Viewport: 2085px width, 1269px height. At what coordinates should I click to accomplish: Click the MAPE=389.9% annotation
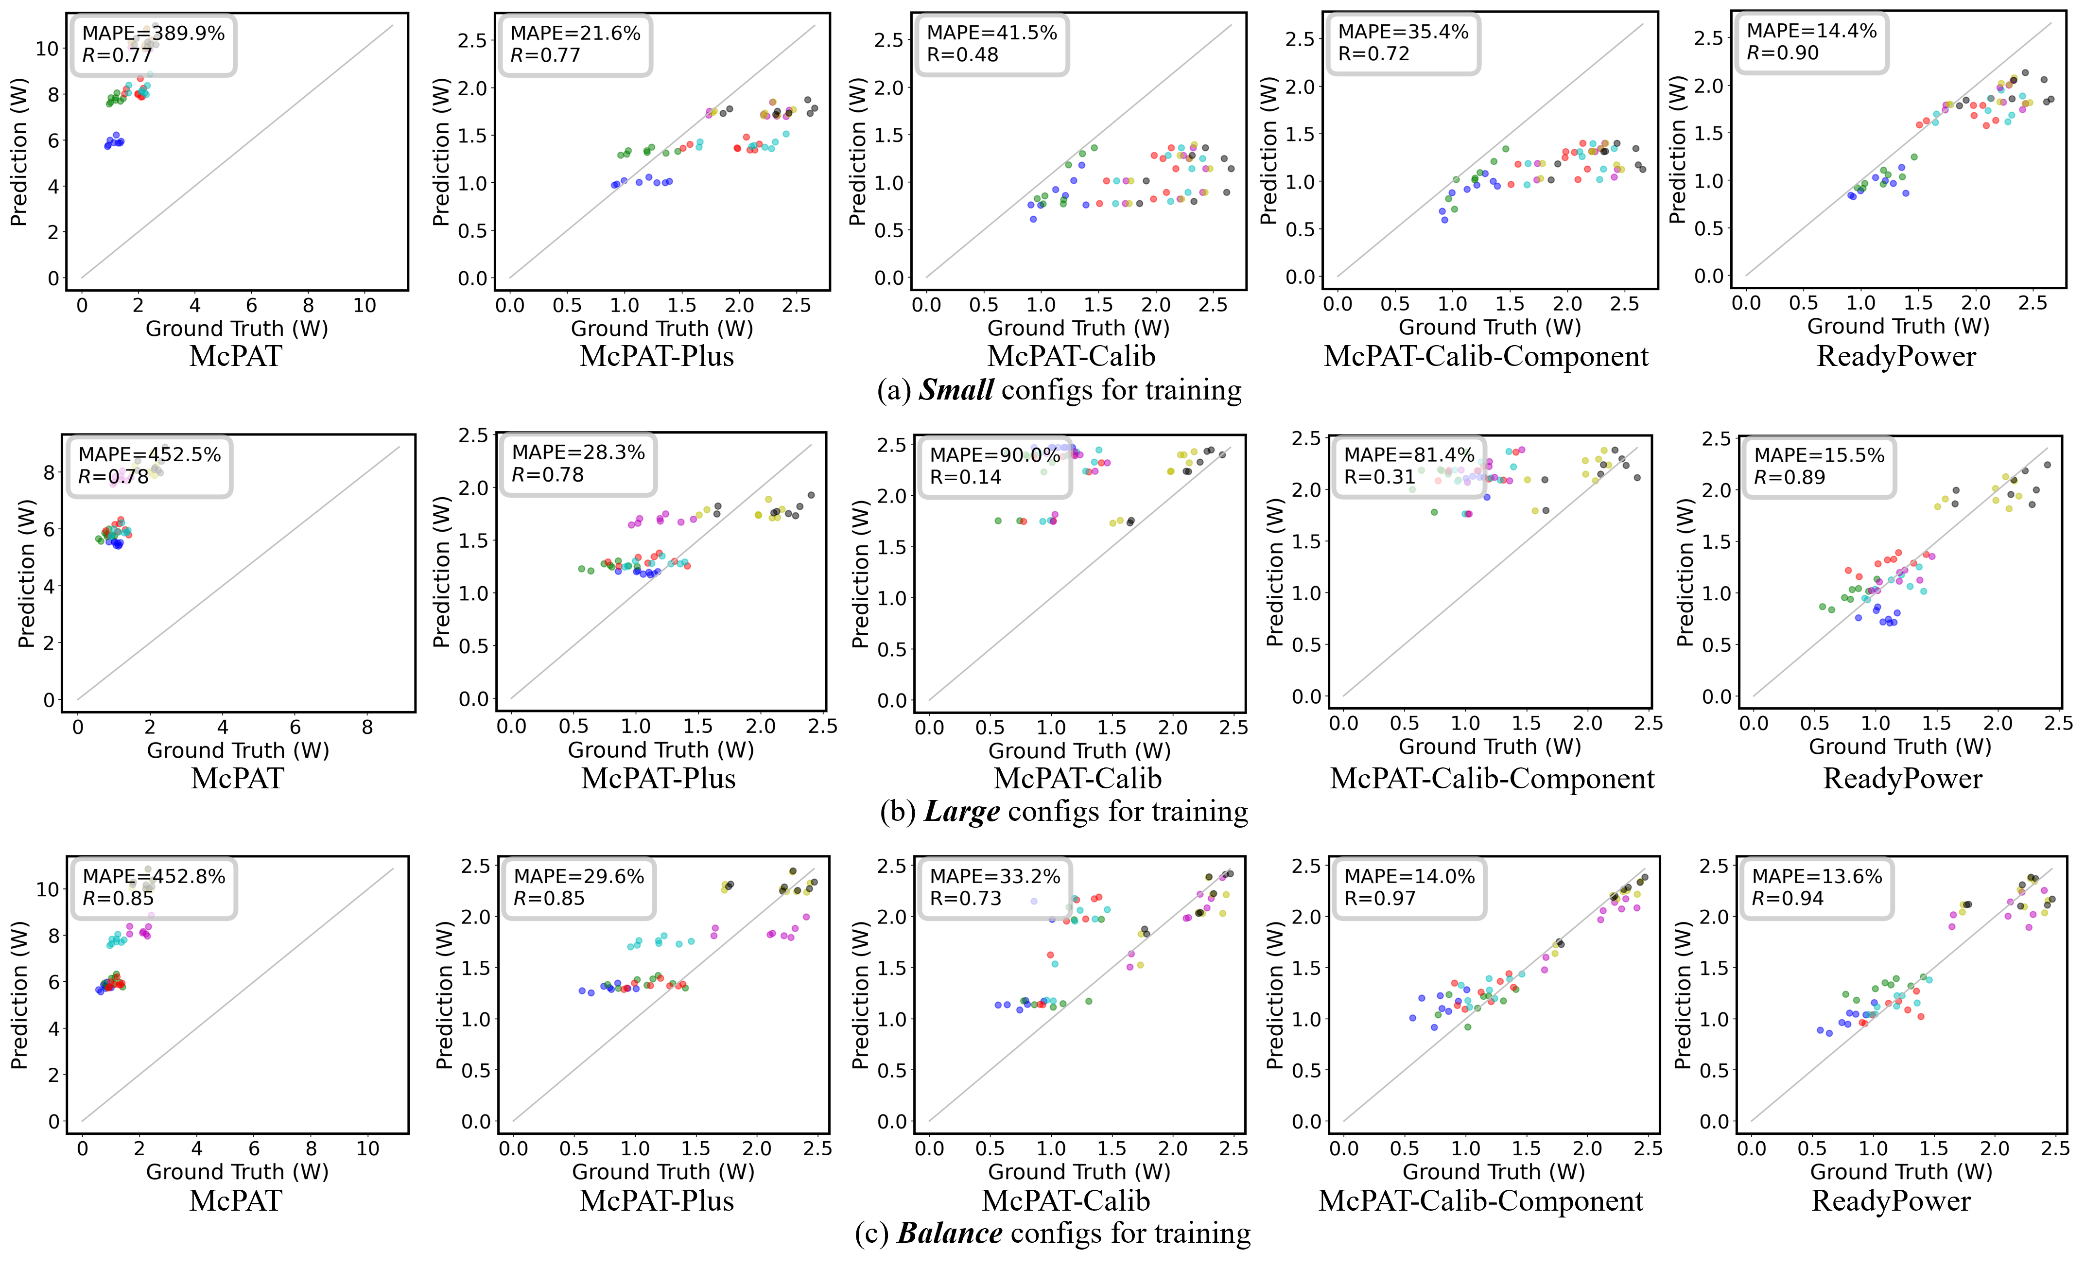pyautogui.click(x=153, y=33)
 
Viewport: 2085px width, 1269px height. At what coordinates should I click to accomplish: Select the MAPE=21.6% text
pyautogui.click(x=575, y=33)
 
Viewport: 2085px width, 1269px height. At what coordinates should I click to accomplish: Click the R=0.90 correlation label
pyautogui.click(x=1782, y=53)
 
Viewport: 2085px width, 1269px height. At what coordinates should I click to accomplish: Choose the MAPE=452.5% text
pyautogui.click(x=150, y=454)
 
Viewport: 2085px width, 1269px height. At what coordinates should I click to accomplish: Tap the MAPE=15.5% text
pyautogui.click(x=1819, y=455)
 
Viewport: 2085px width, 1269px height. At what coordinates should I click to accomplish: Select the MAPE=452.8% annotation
pyautogui.click(x=154, y=876)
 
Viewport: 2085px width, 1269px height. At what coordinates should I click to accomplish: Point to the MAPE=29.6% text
pyautogui.click(x=579, y=876)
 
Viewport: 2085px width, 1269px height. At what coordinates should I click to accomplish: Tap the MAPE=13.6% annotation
pyautogui.click(x=1817, y=876)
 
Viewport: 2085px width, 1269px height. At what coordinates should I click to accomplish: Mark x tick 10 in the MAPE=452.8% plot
pyautogui.click(x=368, y=1149)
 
